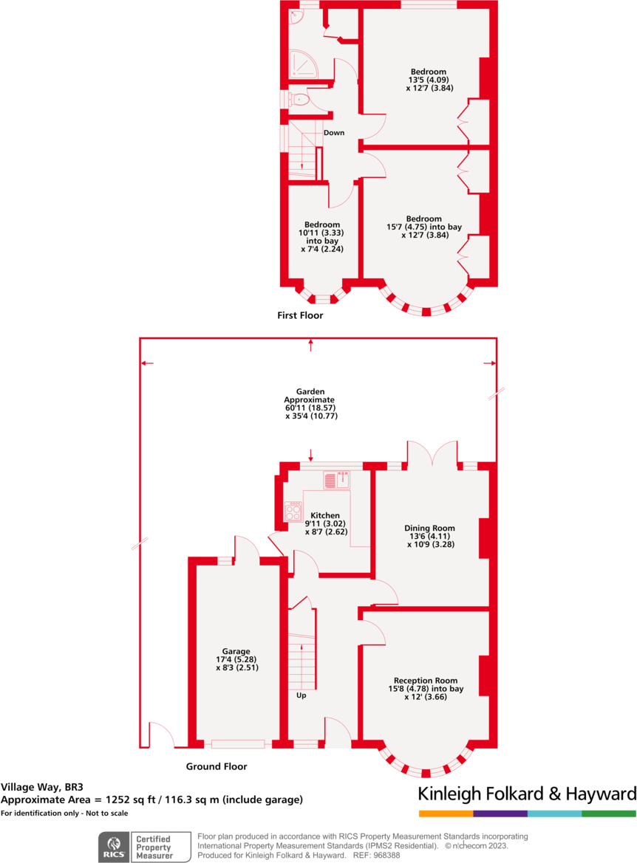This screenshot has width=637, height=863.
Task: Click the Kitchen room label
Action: tap(325, 515)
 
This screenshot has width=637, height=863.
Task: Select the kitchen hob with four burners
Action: tap(293, 511)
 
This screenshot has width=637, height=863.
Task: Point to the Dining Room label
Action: tap(429, 528)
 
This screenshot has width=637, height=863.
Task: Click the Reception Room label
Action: tap(425, 681)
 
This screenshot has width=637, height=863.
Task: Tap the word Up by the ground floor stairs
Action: tap(302, 695)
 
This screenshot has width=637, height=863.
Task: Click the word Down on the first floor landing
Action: tap(334, 133)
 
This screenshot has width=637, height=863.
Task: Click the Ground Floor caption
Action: tap(216, 766)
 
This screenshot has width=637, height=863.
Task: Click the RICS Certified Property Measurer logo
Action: tap(140, 845)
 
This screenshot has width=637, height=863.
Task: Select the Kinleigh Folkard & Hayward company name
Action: tap(527, 794)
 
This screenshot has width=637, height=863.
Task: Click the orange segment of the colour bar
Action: tap(446, 814)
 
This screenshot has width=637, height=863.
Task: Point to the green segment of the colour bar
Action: tap(609, 814)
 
